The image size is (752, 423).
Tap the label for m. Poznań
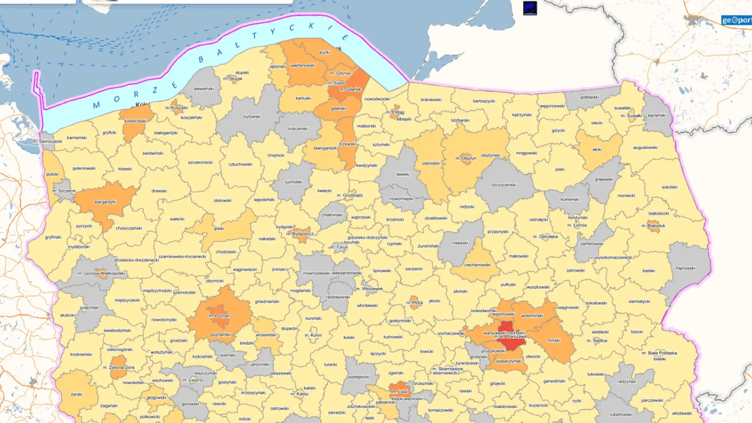tap(219, 316)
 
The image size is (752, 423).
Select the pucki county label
tap(325, 52)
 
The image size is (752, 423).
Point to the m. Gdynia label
tap(340, 73)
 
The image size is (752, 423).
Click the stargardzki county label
tap(105, 202)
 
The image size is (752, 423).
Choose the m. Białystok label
tap(653, 226)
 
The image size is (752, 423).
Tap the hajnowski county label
tap(685, 268)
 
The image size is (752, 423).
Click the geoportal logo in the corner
tap(736, 20)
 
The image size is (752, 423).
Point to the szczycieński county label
tap(504, 185)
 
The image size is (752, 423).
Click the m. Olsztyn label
tap(466, 159)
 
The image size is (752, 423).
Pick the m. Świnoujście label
tap(47, 141)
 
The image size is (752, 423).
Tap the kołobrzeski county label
tap(135, 121)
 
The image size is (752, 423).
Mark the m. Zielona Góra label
tap(119, 368)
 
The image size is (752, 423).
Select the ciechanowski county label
tap(477, 265)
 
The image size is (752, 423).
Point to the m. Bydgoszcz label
tap(300, 234)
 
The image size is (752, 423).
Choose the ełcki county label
tap(597, 150)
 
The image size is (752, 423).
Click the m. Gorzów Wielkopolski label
tap(101, 273)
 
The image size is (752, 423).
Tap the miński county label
tap(554, 341)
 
